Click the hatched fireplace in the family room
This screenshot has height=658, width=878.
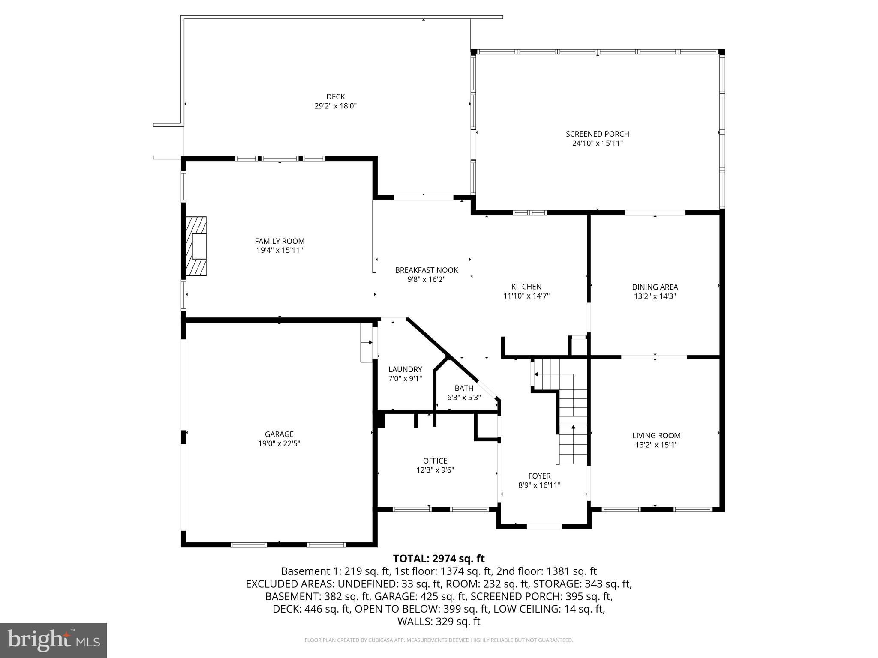point(196,246)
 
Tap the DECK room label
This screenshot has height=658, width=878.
point(335,97)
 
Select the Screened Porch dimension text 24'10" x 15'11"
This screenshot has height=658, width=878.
point(597,144)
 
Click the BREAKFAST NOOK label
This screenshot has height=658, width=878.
point(426,270)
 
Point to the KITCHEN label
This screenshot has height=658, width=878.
point(526,287)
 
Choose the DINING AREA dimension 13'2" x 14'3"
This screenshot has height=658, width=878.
point(655,296)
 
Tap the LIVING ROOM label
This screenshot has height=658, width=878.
point(656,436)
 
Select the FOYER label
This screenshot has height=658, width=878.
point(539,476)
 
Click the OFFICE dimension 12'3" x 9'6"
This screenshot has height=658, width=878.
point(435,470)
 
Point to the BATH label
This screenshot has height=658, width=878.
point(464,388)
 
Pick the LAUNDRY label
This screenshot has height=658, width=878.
point(405,369)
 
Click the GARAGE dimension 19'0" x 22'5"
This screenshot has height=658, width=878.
point(279,444)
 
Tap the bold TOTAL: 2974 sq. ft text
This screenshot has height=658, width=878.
point(439,559)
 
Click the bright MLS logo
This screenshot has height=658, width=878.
point(53,640)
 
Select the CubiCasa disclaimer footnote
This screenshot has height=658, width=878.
point(439,640)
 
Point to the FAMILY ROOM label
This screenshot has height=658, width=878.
point(280,241)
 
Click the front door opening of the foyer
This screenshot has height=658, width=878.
point(544,526)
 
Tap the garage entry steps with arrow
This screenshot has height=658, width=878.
point(366,342)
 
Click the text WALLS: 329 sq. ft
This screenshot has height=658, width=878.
point(439,622)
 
